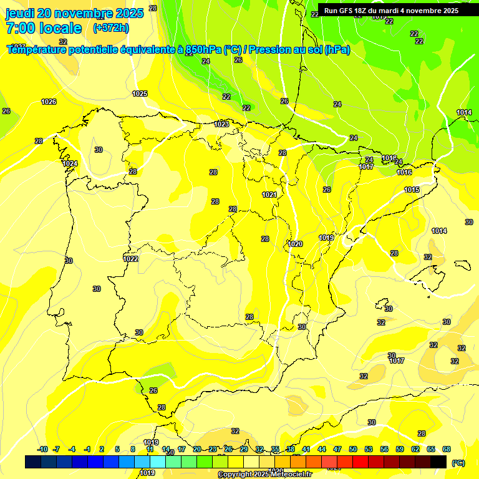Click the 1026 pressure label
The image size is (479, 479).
point(49,102)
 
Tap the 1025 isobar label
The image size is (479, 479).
point(140,94)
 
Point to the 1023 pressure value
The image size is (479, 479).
point(221,124)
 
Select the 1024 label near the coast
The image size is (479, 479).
point(70,163)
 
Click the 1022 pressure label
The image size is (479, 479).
point(131,259)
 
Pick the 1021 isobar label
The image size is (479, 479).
point(269,195)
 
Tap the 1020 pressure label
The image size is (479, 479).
point(296,244)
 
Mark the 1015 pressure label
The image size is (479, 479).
point(412,190)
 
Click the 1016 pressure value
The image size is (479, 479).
point(404,172)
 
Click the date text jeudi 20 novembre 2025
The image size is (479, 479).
point(74,12)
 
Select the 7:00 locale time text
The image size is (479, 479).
point(44,28)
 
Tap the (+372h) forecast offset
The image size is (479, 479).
point(111,28)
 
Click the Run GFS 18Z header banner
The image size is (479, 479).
point(391,11)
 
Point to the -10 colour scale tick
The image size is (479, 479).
point(42,449)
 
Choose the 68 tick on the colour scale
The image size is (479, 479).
point(447,449)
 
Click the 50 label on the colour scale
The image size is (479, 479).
point(353,449)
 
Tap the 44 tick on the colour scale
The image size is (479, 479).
point(322,449)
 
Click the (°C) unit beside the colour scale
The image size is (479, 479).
point(458,462)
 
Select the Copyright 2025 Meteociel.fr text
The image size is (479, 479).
point(264,475)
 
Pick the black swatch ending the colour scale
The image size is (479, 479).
point(438,462)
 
